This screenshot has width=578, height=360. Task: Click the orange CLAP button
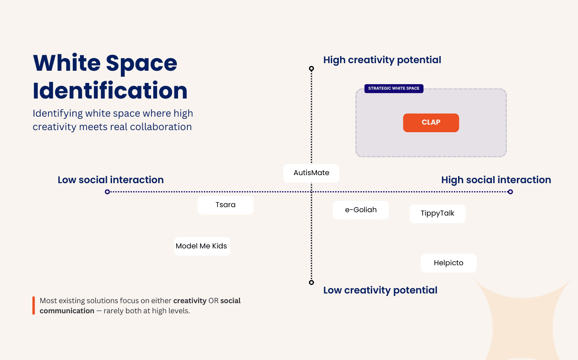(431, 123)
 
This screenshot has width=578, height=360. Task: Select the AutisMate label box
(311, 173)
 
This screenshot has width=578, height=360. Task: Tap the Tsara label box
(226, 205)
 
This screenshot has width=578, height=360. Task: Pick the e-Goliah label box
(361, 210)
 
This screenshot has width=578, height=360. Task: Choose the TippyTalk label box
(437, 213)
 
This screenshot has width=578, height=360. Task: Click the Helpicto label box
(448, 263)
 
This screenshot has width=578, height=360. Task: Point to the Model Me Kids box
(202, 246)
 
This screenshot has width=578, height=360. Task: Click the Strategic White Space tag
(394, 88)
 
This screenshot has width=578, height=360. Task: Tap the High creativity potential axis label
(382, 60)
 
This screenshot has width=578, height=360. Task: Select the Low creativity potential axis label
(380, 290)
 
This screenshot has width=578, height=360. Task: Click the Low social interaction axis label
(111, 180)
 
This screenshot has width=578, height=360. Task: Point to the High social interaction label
(496, 180)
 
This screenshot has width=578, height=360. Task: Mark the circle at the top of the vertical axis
(312, 68)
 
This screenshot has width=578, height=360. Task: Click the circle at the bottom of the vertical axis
(312, 283)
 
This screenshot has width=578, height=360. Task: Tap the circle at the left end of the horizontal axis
(107, 192)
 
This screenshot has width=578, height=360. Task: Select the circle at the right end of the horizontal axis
(510, 192)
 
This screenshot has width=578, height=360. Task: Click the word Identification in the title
(110, 91)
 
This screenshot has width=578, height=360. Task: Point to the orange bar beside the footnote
(34, 306)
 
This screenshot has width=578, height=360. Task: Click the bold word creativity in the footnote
(190, 301)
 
